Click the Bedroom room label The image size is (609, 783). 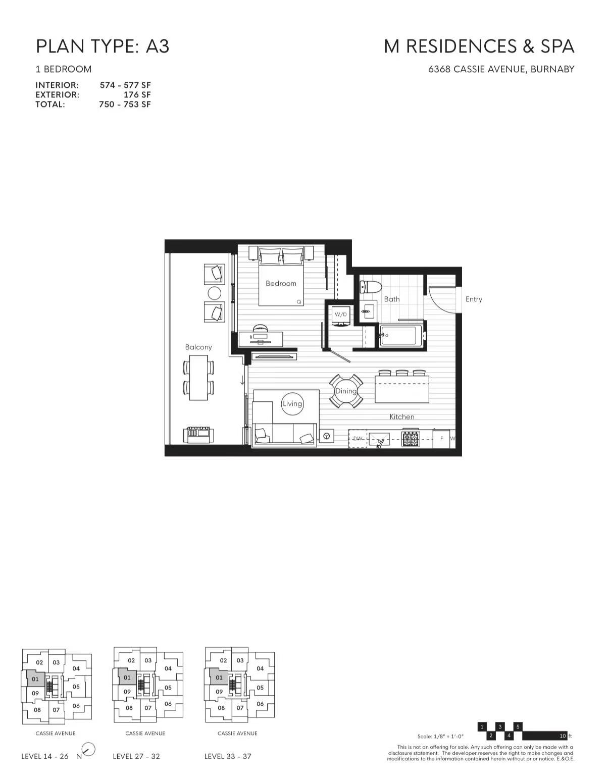click(x=281, y=284)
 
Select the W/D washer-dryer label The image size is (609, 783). click(x=340, y=314)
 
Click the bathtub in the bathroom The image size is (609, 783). click(x=400, y=335)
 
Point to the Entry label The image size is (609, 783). click(x=474, y=299)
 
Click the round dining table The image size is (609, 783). click(x=346, y=391)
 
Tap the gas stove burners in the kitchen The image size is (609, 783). click(x=411, y=439)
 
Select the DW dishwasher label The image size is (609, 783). click(x=357, y=439)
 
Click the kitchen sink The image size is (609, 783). click(x=379, y=440)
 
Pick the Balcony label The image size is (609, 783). click(x=198, y=347)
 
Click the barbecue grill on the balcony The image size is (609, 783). click(x=199, y=435)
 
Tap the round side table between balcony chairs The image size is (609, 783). click(x=214, y=293)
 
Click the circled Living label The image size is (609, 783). click(x=292, y=403)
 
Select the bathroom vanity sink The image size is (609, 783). click(x=368, y=309)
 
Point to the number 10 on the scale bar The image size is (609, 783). click(x=563, y=736)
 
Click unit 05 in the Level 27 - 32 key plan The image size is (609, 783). click(x=168, y=688)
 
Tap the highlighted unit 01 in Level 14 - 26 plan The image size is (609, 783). click(x=35, y=679)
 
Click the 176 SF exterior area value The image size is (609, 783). click(x=137, y=95)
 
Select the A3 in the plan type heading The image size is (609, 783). click(x=158, y=46)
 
